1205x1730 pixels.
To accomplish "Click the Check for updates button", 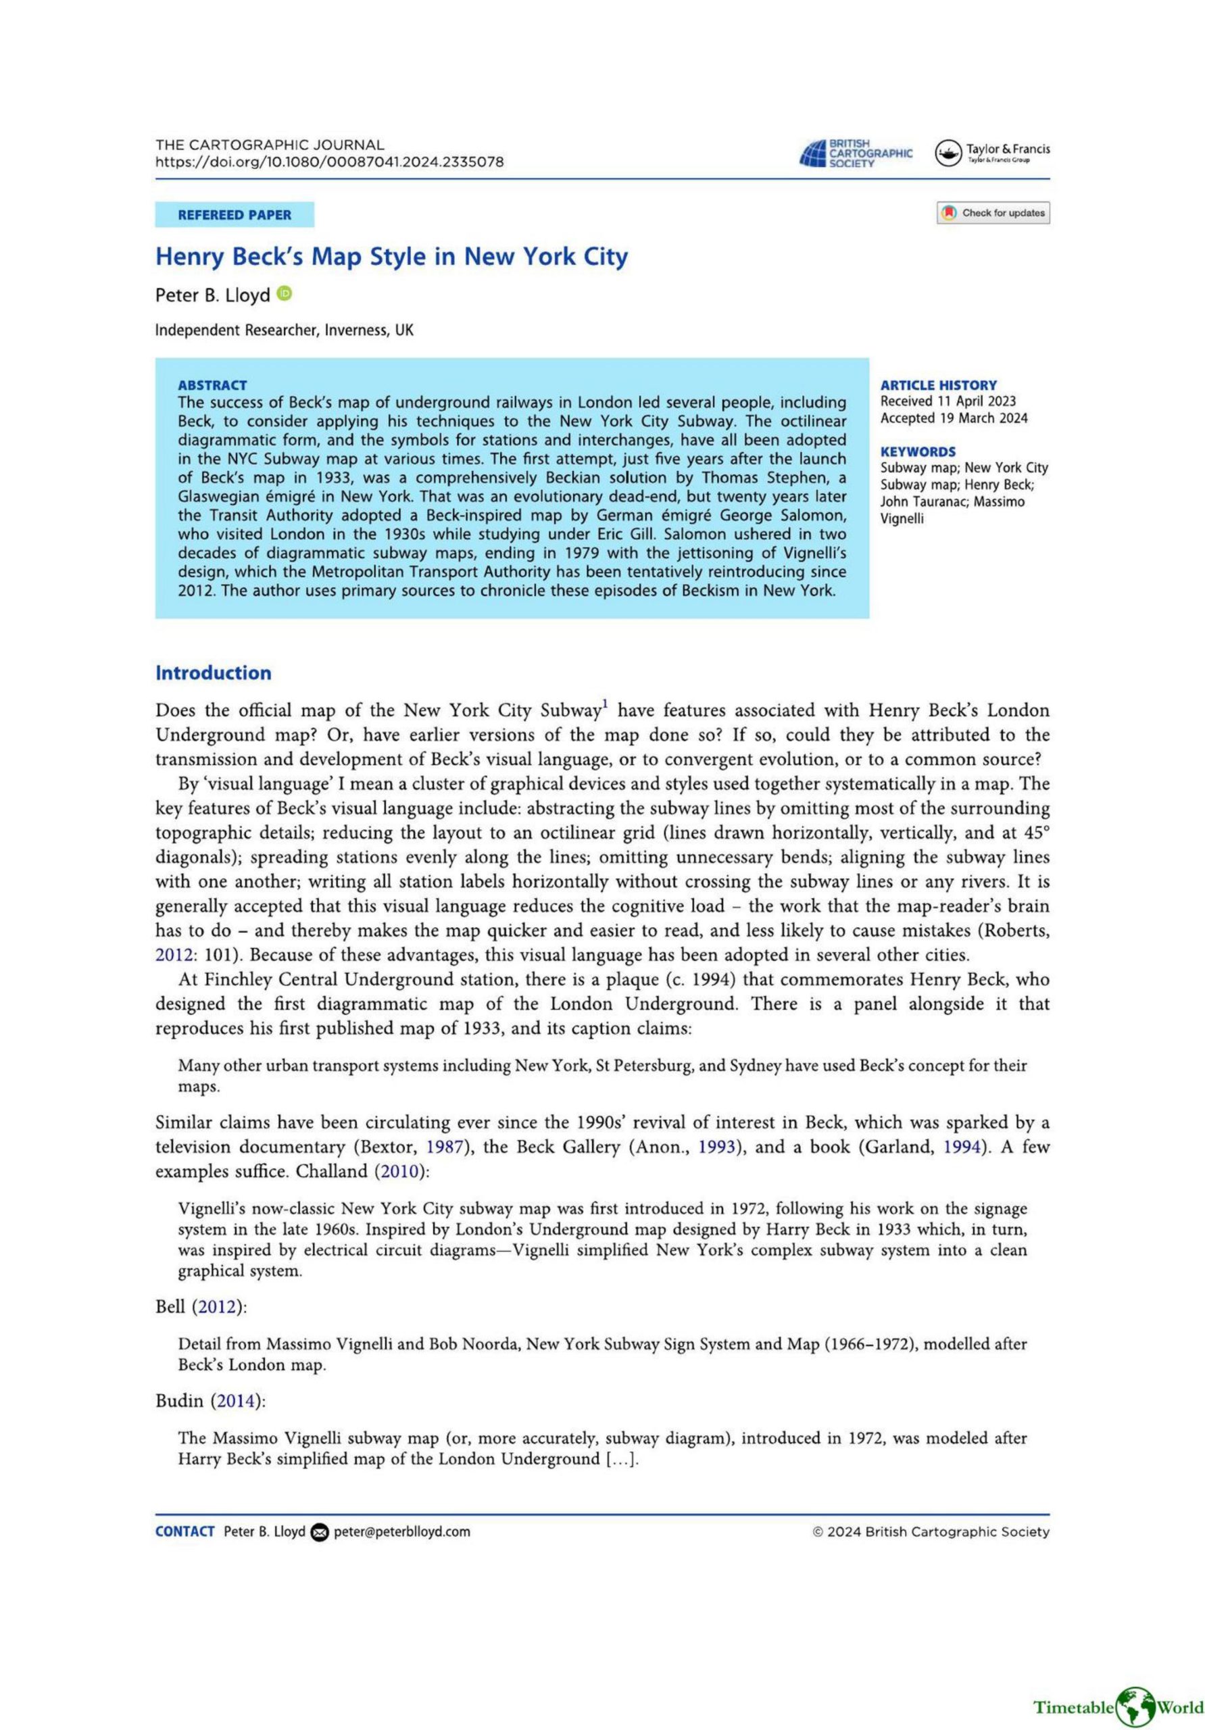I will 993,214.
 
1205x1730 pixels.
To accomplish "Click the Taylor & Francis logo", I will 991,152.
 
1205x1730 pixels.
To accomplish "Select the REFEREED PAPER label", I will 235,215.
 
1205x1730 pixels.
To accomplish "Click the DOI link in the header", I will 329,162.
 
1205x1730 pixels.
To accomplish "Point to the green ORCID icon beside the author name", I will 284,293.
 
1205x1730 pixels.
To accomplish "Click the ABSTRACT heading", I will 212,385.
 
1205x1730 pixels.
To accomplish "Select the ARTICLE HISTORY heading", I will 938,385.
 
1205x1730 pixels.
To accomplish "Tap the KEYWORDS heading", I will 918,451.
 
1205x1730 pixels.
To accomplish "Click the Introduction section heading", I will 214,673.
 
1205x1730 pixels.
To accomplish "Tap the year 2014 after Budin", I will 238,1401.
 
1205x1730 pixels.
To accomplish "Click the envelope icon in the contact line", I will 320,1532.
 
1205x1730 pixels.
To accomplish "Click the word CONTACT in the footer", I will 185,1532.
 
